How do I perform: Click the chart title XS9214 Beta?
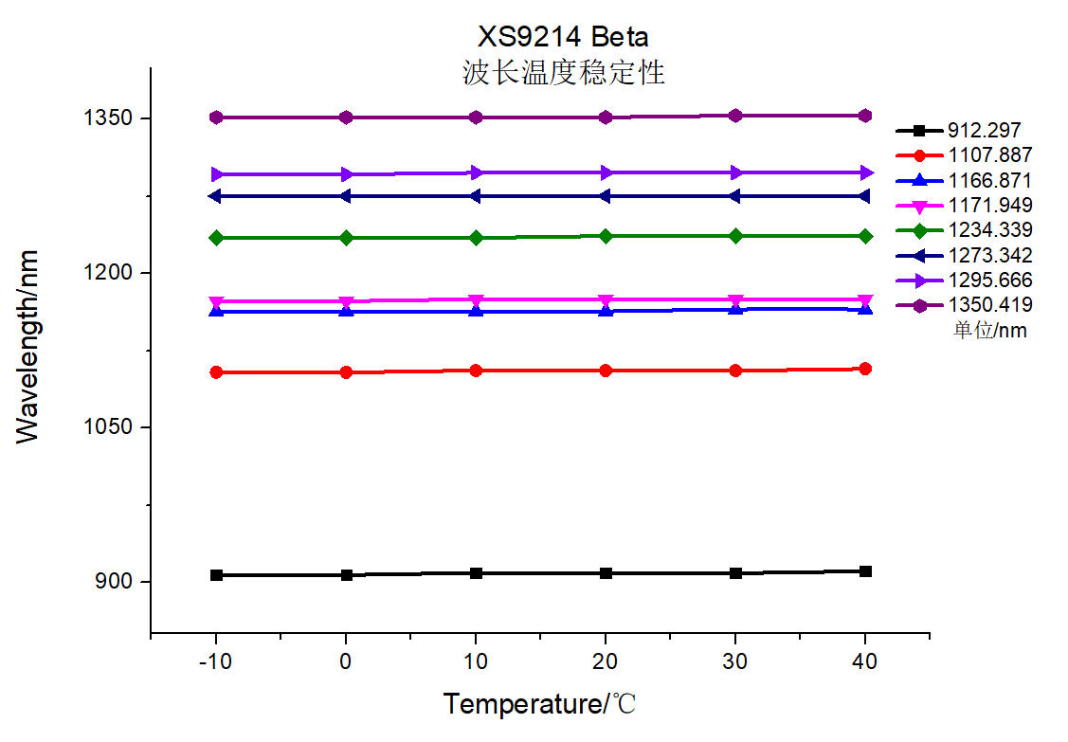tap(563, 37)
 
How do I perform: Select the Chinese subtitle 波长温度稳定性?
tap(563, 73)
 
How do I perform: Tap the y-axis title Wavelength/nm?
tap(28, 346)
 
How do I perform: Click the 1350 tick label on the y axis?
tap(110, 118)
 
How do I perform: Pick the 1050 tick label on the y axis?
tap(110, 427)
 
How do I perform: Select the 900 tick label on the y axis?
tap(116, 582)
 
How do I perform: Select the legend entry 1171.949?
tap(989, 205)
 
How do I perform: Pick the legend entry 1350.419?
tap(989, 304)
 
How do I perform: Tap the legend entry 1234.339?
tap(989, 230)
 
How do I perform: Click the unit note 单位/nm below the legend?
tap(989, 330)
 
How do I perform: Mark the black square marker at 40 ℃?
tap(865, 571)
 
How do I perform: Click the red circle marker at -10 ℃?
tap(216, 372)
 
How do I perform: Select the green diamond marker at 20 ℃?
tap(606, 236)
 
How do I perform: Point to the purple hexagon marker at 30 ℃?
tap(735, 116)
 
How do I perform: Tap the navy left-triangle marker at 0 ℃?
tap(346, 196)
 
